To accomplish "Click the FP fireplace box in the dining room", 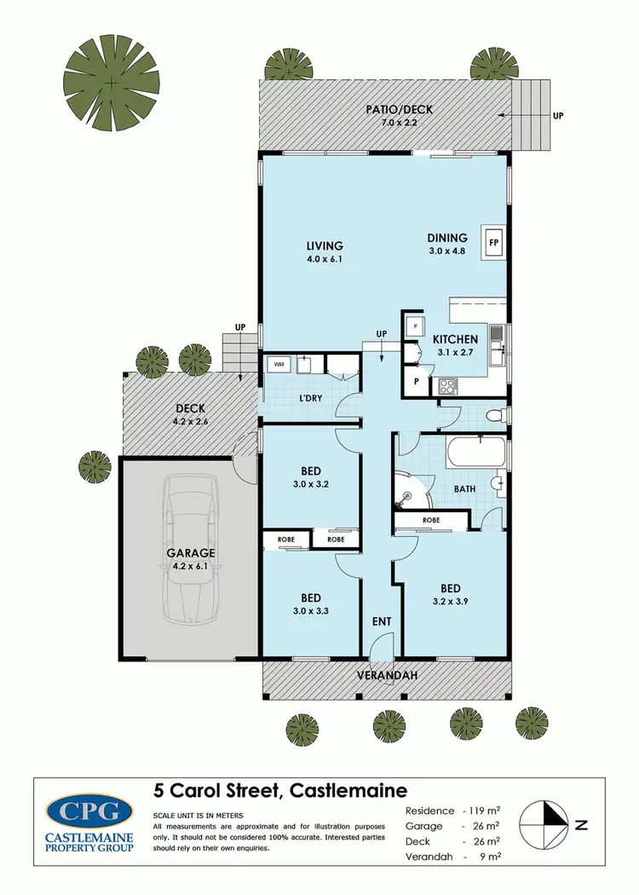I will (x=492, y=241).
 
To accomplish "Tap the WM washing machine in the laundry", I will (x=278, y=365).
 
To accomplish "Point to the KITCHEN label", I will (x=455, y=339).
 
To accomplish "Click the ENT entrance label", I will (x=382, y=621).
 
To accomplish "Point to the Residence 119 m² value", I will (x=487, y=811).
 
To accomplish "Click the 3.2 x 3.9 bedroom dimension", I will (x=450, y=602).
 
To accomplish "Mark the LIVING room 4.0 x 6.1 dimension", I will (x=324, y=258).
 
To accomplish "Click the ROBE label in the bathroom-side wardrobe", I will (x=431, y=520).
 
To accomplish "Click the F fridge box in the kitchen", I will (x=414, y=326).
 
